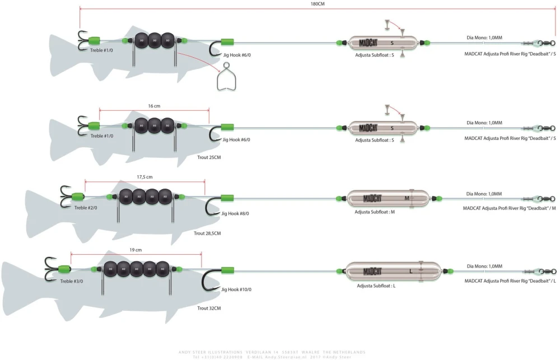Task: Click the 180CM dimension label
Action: click(317, 3)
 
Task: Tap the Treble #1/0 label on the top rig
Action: click(101, 50)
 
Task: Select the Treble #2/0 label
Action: click(85, 207)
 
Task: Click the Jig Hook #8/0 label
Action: click(236, 213)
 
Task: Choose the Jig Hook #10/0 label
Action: click(237, 289)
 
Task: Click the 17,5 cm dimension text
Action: click(144, 177)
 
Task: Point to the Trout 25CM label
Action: click(209, 158)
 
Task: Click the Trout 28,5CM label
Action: click(207, 233)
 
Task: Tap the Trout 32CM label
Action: click(209, 308)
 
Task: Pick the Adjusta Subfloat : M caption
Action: click(375, 212)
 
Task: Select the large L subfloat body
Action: click(392, 272)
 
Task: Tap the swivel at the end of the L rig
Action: click(545, 272)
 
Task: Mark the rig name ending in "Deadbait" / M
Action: click(510, 208)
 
